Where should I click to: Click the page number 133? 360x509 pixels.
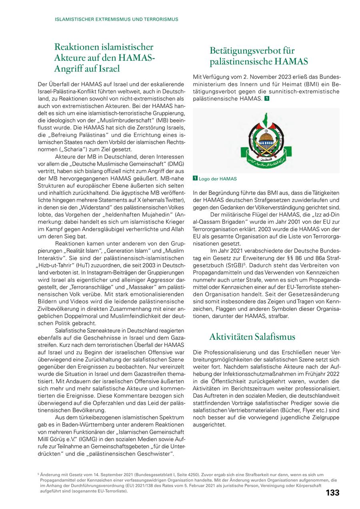point(332,493)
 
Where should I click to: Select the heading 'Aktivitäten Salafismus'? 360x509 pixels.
point(252,337)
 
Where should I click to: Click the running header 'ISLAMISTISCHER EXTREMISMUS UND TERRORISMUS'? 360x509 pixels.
point(116,19)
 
